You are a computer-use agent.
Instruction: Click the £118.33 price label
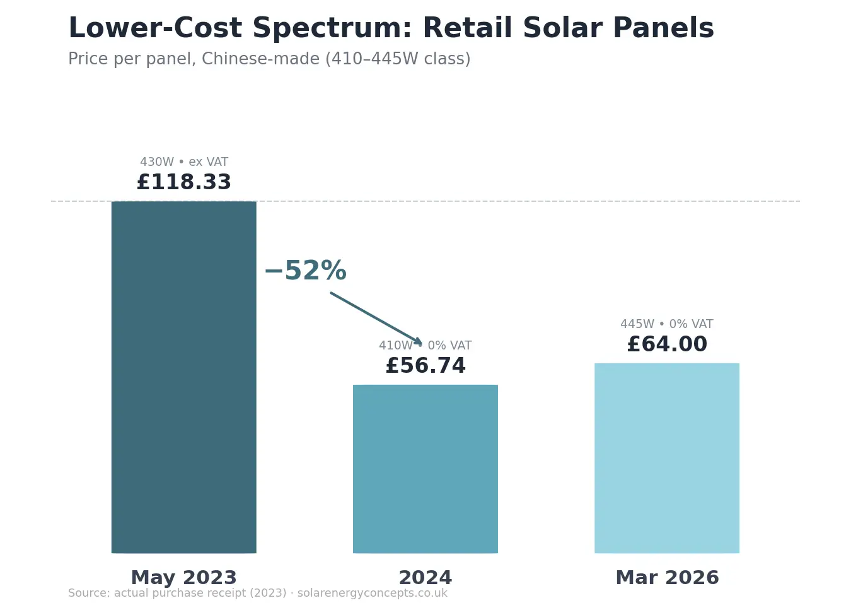tap(183, 182)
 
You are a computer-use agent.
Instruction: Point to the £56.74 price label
tap(425, 366)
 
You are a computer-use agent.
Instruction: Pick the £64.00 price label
tap(666, 344)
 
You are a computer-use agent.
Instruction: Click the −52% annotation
tap(306, 271)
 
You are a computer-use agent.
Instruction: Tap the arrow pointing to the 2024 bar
tap(376, 319)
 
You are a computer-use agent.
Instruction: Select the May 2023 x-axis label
tap(183, 578)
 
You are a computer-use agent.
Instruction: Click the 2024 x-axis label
tap(425, 578)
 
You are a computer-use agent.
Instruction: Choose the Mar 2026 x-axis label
tap(666, 578)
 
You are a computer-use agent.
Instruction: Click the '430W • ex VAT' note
tap(183, 162)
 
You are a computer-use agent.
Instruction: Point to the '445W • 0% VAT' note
tap(666, 324)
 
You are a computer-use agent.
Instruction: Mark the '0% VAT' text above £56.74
tap(449, 346)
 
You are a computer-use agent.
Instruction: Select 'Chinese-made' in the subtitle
tap(260, 59)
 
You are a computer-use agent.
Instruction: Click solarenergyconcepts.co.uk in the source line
tap(372, 594)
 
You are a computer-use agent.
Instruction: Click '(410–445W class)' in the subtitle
tap(398, 59)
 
